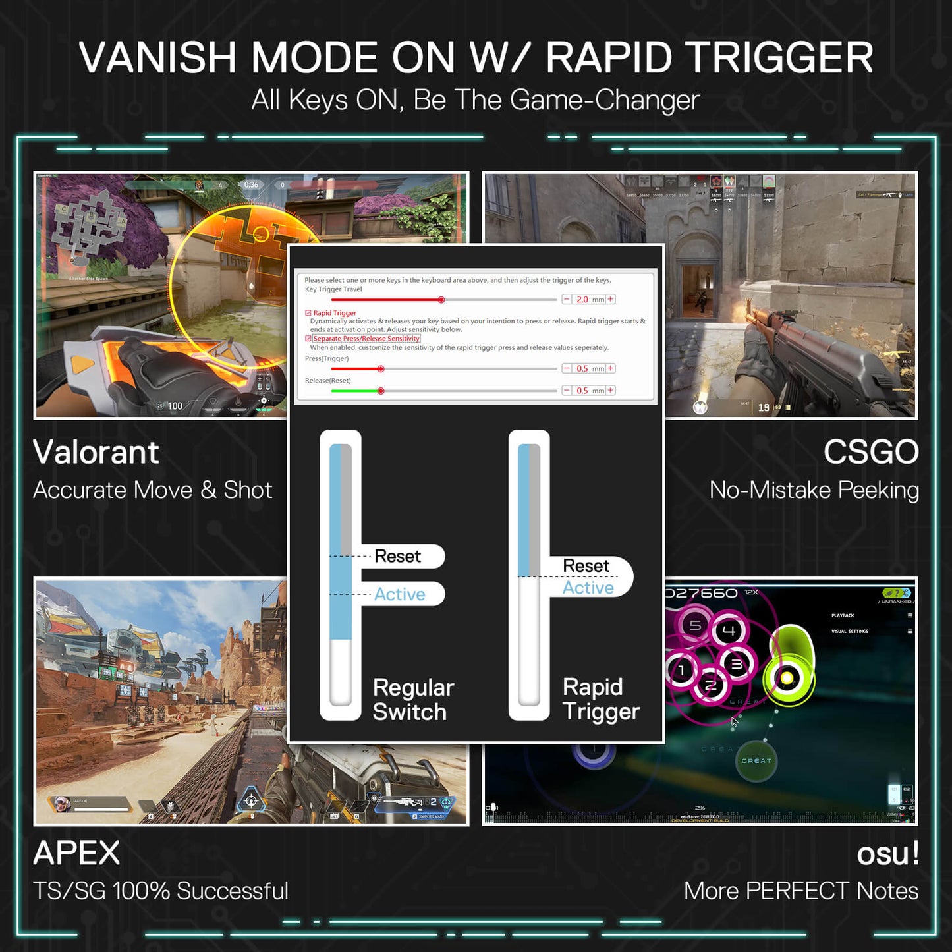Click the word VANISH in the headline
pyautogui.click(x=157, y=58)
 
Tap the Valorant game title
pyautogui.click(x=96, y=453)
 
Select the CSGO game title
pyautogui.click(x=870, y=453)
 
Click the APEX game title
pyautogui.click(x=76, y=853)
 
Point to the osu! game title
pyautogui.click(x=887, y=854)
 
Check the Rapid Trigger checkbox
pyautogui.click(x=308, y=313)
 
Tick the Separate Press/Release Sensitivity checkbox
pyautogui.click(x=308, y=339)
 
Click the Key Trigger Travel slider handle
pyautogui.click(x=441, y=300)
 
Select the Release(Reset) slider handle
pyautogui.click(x=381, y=391)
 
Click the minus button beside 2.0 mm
pyautogui.click(x=567, y=300)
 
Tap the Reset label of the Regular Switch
pyautogui.click(x=397, y=557)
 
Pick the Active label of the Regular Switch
pyautogui.click(x=400, y=594)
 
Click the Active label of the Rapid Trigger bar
pyautogui.click(x=588, y=588)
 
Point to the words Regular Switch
pyautogui.click(x=413, y=700)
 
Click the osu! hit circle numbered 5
pyautogui.click(x=695, y=625)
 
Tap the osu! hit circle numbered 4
pyautogui.click(x=729, y=630)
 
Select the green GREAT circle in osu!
pyautogui.click(x=756, y=761)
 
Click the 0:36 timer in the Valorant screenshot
pyautogui.click(x=251, y=185)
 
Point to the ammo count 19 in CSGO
pyautogui.click(x=764, y=408)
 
